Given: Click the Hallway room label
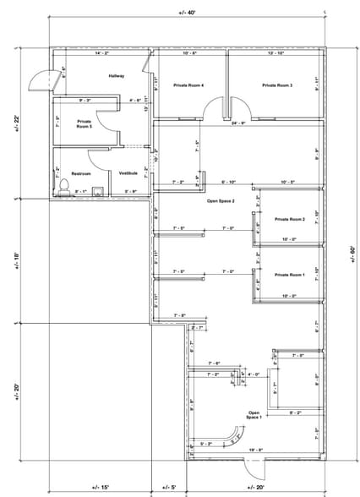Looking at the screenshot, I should (117, 76).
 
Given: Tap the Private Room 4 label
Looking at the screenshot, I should (190, 85).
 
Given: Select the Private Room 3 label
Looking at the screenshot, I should (276, 85).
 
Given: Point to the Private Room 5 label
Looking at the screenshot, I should (85, 124).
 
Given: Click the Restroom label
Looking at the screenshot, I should (80, 173).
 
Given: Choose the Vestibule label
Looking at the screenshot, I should (128, 173).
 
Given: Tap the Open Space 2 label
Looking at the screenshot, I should (221, 201).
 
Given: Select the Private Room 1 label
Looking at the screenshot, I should (289, 276).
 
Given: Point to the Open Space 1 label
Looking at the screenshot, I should (254, 415).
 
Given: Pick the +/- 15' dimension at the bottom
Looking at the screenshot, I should (101, 488).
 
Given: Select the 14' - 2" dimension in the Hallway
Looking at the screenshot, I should (102, 54).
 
